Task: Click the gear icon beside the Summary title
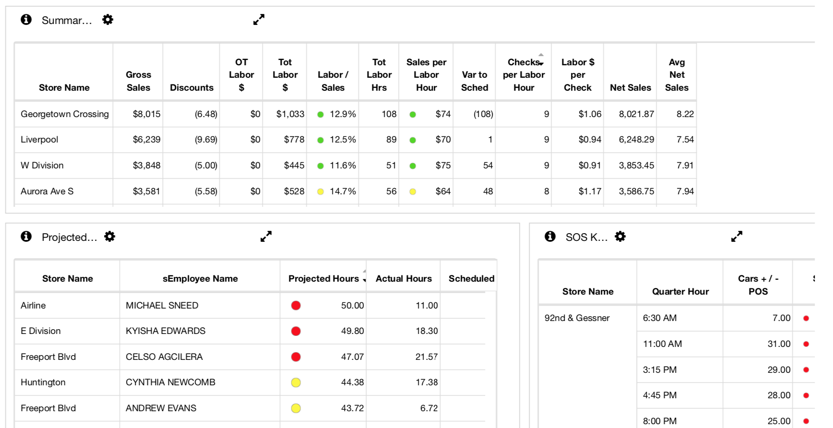108,20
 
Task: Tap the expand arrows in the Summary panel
259,20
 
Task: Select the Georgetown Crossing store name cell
65,114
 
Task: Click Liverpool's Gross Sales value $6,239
147,140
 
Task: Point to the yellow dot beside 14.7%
321,191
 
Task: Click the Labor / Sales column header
333,81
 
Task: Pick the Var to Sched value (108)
483,114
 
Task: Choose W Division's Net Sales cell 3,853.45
636,166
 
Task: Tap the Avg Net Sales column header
677,75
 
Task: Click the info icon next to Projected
26,237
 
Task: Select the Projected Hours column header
324,279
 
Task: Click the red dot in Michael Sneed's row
296,306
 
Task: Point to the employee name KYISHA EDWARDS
166,331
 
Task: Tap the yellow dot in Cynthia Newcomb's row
296,382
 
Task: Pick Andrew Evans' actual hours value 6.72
429,408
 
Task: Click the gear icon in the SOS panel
620,237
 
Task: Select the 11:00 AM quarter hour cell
662,344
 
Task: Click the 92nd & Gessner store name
577,318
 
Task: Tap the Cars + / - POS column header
758,285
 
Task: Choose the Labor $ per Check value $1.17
590,191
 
